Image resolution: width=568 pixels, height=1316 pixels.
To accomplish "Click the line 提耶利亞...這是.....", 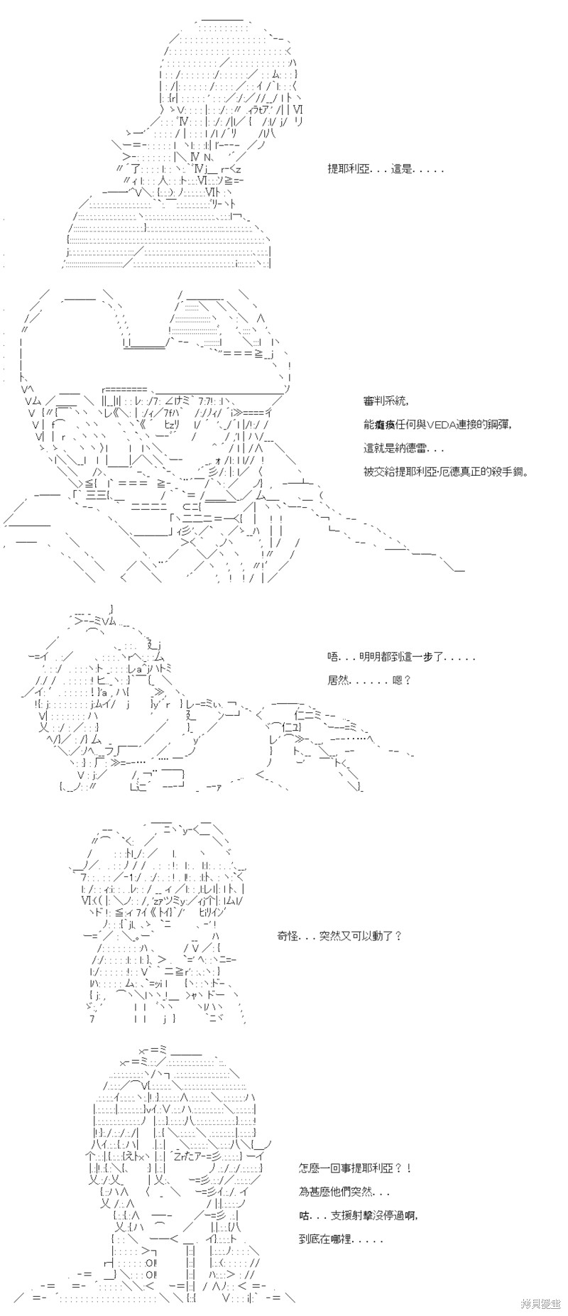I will pyautogui.click(x=386, y=170).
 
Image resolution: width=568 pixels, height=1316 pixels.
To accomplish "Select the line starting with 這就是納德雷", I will pyautogui.click(x=404, y=448).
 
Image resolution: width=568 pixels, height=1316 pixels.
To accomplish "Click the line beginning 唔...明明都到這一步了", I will pyautogui.click(x=401, y=657).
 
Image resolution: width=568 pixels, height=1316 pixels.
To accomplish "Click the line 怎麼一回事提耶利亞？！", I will pyautogui.click(x=354, y=1168).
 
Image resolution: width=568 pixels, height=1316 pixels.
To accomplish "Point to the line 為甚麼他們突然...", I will pyautogui.click(x=344, y=1192).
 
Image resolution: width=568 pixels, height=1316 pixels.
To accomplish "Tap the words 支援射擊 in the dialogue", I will pyautogui.click(x=346, y=1215).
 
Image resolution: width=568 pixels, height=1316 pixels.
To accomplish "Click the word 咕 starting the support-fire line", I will pyautogui.click(x=304, y=1215).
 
